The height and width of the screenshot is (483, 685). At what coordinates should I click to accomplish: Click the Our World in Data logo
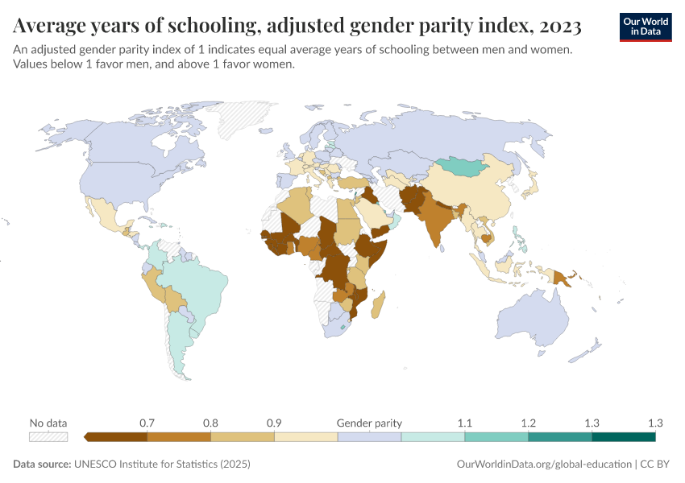(x=646, y=27)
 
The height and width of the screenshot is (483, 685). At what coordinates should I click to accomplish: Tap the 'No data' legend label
(x=48, y=423)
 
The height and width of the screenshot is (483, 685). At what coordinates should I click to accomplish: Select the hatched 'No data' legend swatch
(x=48, y=437)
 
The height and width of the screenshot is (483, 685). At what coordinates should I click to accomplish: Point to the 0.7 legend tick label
(x=147, y=423)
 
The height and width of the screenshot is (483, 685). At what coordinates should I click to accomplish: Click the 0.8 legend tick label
(x=210, y=423)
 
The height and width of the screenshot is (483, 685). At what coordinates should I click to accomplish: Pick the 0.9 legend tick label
(x=274, y=423)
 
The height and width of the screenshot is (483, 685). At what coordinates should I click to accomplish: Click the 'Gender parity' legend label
(x=369, y=423)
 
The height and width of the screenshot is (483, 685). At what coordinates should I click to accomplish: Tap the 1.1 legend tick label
(x=465, y=423)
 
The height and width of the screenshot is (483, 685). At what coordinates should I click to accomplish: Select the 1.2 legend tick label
(x=529, y=423)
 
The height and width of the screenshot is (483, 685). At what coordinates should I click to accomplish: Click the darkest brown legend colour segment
(x=115, y=437)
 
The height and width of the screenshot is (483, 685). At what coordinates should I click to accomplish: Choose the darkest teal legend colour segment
(x=623, y=437)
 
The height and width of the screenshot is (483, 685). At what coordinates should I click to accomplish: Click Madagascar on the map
(x=381, y=306)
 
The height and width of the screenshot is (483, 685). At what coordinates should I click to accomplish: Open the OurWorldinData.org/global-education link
(x=544, y=464)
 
